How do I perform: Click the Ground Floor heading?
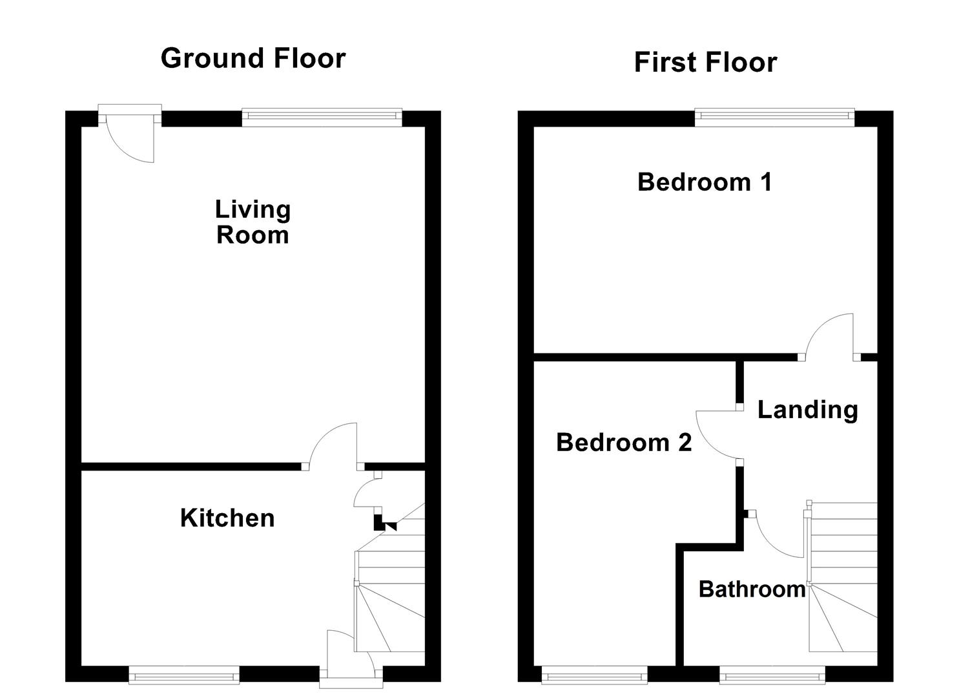point(253,58)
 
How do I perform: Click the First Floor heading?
point(705,63)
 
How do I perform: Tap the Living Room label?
point(253,222)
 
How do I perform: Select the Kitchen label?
point(227,518)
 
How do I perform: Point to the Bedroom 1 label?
point(705,182)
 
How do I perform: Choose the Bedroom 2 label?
point(624,443)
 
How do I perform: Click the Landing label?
point(807,410)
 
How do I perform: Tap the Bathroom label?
point(752,589)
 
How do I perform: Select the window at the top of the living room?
point(322,118)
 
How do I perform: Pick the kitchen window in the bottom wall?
point(184,677)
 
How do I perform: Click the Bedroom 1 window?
point(774,118)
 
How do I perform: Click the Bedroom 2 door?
point(718,434)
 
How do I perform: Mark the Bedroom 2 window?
point(594,677)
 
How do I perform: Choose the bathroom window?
point(772,677)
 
